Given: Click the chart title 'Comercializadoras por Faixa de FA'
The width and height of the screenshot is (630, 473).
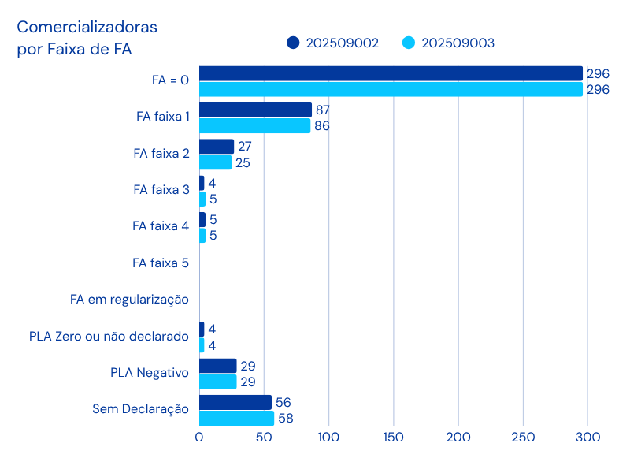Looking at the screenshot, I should tap(87, 38).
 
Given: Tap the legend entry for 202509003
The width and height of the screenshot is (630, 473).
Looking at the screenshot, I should tap(448, 43).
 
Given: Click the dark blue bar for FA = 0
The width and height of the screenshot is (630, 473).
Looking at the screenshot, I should tap(391, 73).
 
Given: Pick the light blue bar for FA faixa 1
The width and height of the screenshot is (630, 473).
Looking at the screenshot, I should tap(255, 126).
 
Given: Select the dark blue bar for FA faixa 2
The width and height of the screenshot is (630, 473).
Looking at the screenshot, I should tap(217, 147).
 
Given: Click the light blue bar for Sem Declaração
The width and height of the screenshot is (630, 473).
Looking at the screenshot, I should tap(236, 419).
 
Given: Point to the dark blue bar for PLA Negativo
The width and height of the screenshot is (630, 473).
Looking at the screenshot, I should tap(218, 366).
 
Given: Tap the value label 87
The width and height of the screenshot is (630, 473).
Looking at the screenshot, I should tap(322, 110).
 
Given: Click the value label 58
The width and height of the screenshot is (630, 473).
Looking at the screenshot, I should tap(285, 419).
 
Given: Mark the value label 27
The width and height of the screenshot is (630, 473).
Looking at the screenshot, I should tap(244, 147).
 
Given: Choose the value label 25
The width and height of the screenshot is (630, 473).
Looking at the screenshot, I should tap(243, 163).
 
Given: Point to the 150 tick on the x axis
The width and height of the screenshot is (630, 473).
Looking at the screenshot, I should tap(393, 437).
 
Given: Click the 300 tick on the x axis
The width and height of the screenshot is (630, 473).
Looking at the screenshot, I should tap(587, 437).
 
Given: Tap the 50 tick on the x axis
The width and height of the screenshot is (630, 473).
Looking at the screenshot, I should tap(264, 437).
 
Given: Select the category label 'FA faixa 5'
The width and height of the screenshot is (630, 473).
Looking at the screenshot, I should tap(161, 263).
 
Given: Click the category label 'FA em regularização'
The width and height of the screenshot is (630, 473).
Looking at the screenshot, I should tap(129, 300).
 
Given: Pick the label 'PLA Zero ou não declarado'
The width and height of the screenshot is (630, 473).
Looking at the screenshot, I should tap(109, 337).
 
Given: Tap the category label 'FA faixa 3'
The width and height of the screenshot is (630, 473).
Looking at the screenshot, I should tap(161, 189).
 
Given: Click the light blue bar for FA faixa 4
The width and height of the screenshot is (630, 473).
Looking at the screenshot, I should tap(202, 235).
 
